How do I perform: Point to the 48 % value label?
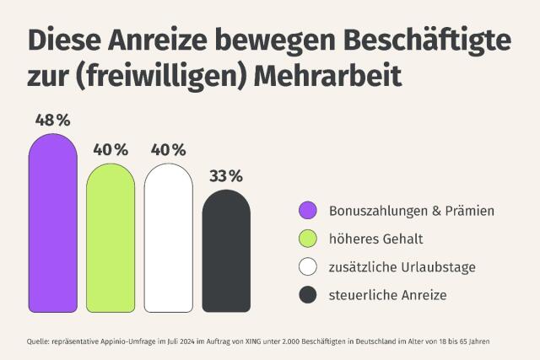coord(52,120)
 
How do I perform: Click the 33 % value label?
coord(226,176)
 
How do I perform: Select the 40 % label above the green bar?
coord(111,150)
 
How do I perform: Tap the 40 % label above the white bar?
coord(168,150)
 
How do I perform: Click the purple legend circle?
coord(308,210)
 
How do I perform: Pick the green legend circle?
coord(308,239)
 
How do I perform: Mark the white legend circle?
coord(308,267)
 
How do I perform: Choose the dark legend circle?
coord(308,295)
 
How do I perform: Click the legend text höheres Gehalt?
coord(370,239)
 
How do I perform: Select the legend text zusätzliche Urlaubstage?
coord(402,267)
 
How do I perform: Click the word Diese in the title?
coord(63,40)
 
